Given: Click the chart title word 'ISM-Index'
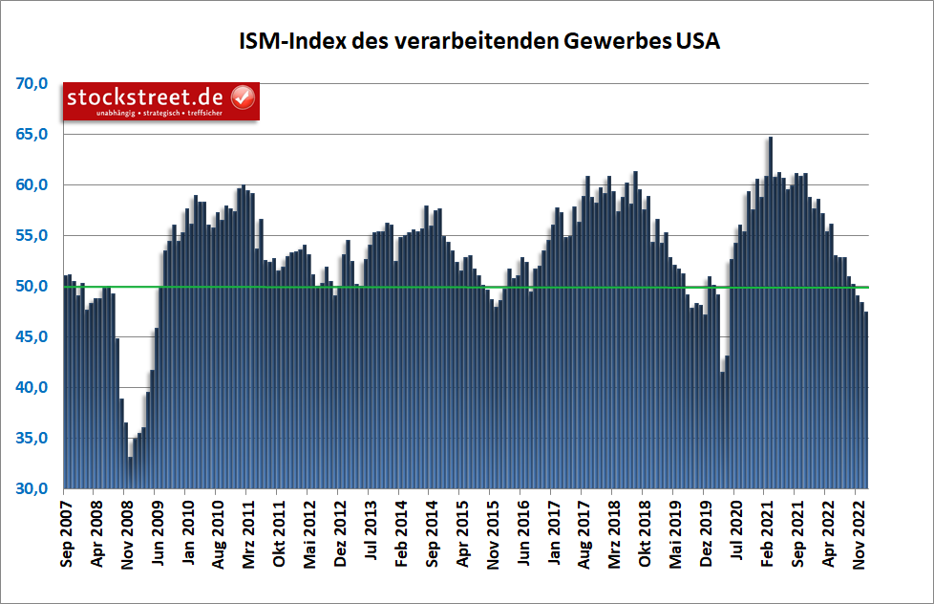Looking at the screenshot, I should coord(288,41).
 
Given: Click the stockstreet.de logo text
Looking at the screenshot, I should coord(145,97).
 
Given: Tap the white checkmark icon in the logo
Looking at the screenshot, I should coord(243,97).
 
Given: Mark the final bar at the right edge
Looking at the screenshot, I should coord(866,401).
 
